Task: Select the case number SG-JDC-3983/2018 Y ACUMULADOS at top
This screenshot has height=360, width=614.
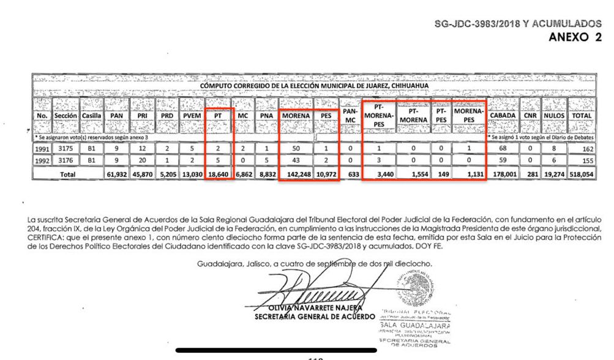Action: pyautogui.click(x=518, y=23)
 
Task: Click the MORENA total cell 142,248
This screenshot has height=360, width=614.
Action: pyautogui.click(x=295, y=174)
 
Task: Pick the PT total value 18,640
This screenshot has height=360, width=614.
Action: pyautogui.click(x=219, y=174)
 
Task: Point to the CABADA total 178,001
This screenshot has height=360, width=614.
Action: pyautogui.click(x=502, y=174)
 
